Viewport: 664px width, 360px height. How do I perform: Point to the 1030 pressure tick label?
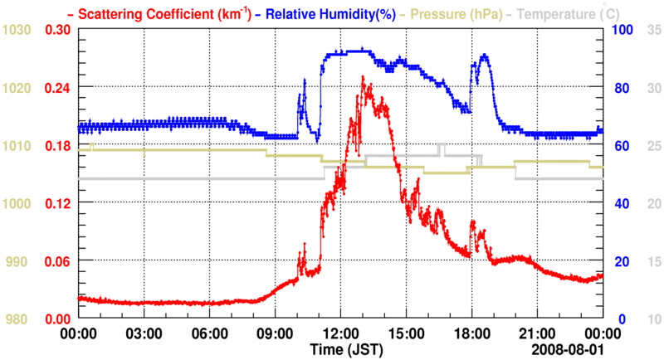[17, 30]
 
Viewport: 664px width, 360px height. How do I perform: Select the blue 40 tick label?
[620, 203]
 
